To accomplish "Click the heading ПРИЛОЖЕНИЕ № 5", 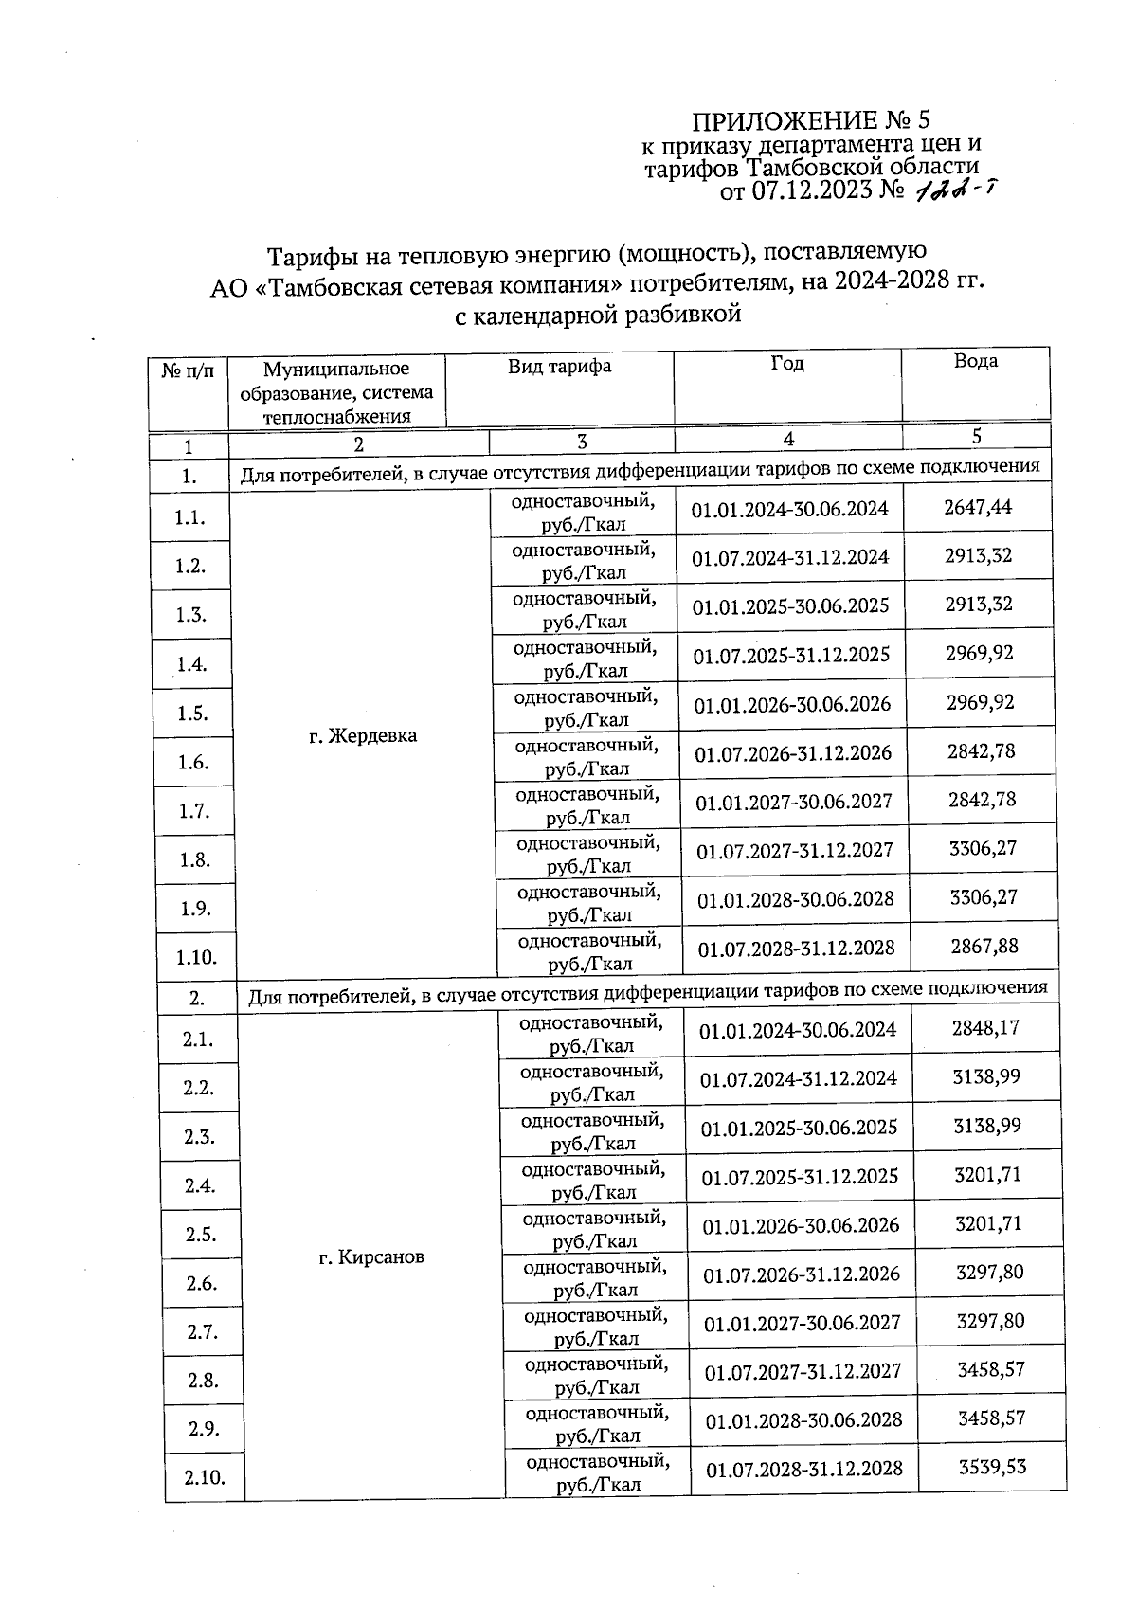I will click(812, 121).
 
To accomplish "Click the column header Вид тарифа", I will click(559, 367).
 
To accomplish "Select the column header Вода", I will click(975, 361).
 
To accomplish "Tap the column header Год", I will click(786, 364).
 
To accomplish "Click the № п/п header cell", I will click(188, 371).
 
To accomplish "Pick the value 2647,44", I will click(978, 507).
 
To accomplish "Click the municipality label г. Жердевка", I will click(363, 735).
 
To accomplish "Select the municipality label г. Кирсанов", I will click(370, 1257).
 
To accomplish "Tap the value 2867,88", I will click(984, 946).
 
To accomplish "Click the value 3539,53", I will click(992, 1467).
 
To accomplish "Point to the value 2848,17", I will click(985, 1027).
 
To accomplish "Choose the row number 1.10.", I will click(196, 957).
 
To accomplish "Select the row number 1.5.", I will click(192, 714).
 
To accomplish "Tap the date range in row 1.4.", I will click(791, 655).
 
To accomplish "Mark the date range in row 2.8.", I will click(803, 1371).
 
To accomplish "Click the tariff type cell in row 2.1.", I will click(591, 1034).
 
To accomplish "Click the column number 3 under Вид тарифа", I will click(582, 442).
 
